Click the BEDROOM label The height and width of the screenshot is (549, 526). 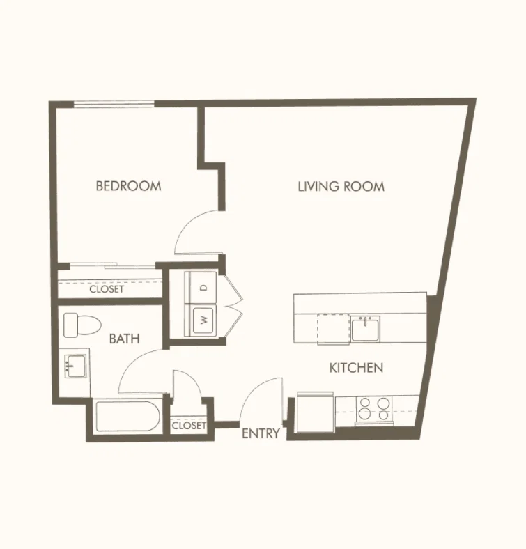128,185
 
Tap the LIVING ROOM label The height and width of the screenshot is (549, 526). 341,186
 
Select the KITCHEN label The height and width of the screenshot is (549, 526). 356,368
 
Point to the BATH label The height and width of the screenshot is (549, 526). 124,339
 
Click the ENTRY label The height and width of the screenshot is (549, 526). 261,433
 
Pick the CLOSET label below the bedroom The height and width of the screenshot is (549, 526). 107,289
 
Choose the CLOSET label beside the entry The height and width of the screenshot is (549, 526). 189,426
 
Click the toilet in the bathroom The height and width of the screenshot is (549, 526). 82,325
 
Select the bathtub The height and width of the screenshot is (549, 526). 127,417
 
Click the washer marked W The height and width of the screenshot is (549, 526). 203,320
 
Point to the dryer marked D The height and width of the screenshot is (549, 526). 203,288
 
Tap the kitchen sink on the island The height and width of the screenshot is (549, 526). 366,328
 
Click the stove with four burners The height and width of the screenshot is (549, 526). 374,409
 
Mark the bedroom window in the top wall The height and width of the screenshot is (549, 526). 114,103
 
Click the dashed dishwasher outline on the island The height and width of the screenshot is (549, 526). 333,329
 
